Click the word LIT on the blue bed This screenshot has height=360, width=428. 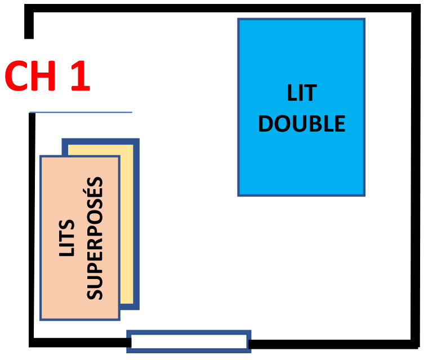(x=302, y=93)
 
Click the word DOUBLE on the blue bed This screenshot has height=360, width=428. (x=302, y=124)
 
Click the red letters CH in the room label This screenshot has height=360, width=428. (x=31, y=77)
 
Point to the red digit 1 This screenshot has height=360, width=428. (x=79, y=77)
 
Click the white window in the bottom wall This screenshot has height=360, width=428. (x=189, y=341)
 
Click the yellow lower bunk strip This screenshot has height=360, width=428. (x=128, y=225)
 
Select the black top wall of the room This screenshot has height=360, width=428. (x=225, y=8)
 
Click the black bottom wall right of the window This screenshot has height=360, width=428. (x=332, y=343)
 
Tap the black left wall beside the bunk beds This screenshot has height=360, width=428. (x=33, y=225)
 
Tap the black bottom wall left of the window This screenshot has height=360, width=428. (x=79, y=343)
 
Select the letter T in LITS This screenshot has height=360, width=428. (x=67, y=233)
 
